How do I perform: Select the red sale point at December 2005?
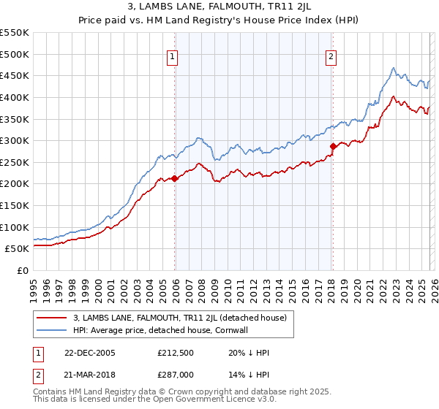click(175, 178)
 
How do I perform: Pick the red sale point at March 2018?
click(333, 146)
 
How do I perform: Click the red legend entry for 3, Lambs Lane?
click(183, 318)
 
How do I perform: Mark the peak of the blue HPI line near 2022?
click(393, 69)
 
